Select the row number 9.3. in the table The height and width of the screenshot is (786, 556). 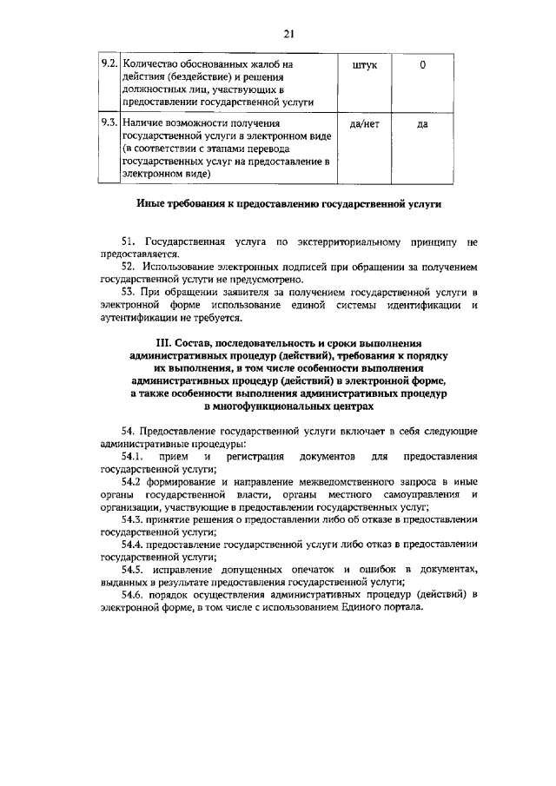tap(109, 124)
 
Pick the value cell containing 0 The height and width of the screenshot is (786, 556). tap(422, 65)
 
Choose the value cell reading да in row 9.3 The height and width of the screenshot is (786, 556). tap(422, 124)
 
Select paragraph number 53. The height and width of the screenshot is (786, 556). tap(129, 294)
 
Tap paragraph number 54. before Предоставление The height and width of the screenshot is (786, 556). tap(129, 430)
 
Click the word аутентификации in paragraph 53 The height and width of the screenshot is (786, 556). tap(140, 319)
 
